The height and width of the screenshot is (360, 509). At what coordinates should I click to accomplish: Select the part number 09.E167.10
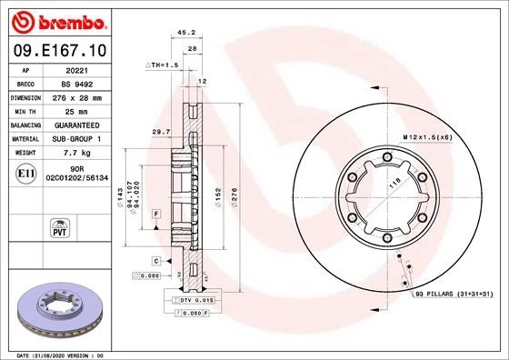click(58, 51)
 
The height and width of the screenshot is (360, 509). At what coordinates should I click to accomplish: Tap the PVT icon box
click(60, 225)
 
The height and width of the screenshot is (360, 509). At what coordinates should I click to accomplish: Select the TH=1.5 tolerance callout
click(163, 66)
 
